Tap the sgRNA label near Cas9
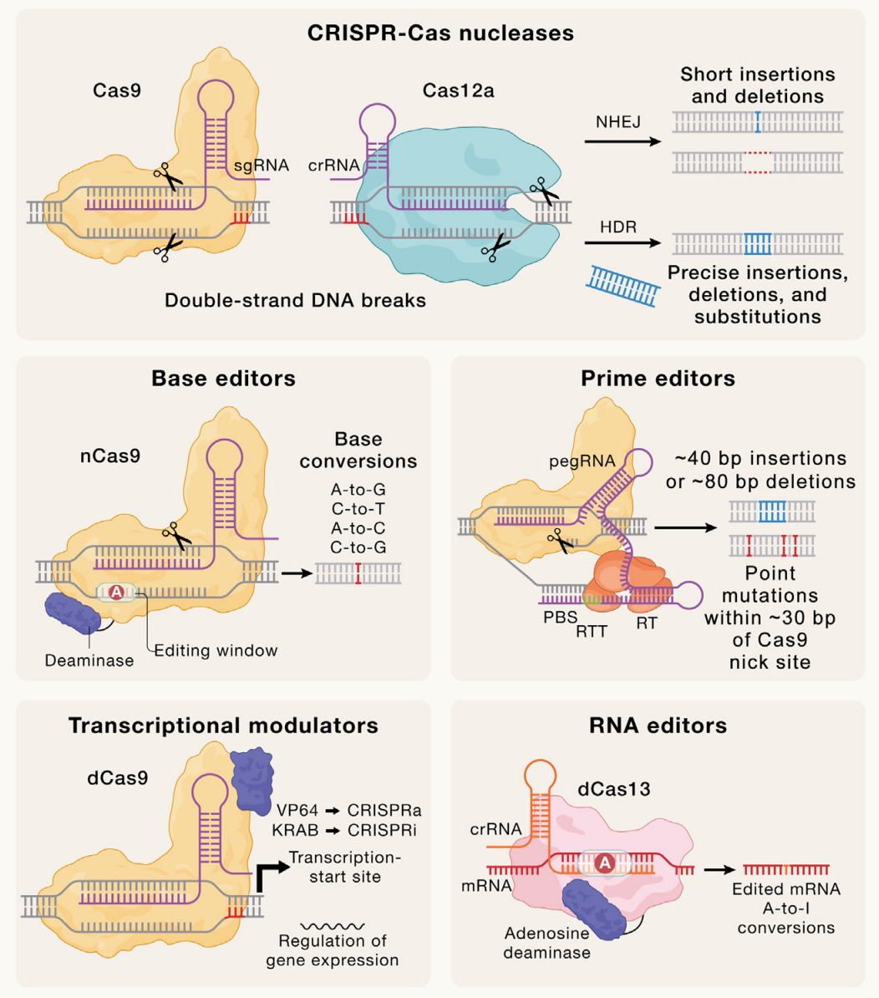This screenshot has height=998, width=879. [262, 165]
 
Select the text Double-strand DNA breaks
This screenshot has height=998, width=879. [295, 300]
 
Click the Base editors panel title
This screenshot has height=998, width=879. [223, 379]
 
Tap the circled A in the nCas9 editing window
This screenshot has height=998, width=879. [117, 593]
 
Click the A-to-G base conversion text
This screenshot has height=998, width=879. [358, 490]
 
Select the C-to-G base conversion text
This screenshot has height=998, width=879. [358, 547]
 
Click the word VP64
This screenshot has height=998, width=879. [297, 810]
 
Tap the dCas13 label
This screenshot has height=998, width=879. [614, 789]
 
